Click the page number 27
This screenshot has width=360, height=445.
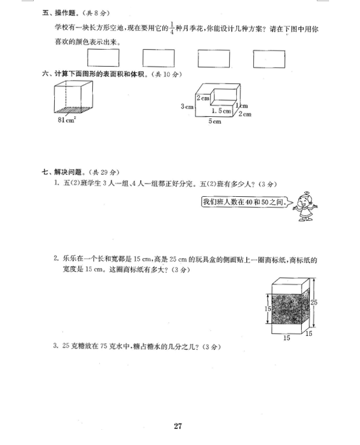[x=178, y=426]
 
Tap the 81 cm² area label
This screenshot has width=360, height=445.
[x=67, y=120]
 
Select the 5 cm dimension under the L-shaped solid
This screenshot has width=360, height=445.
[x=215, y=121]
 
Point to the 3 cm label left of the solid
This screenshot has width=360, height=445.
[x=187, y=106]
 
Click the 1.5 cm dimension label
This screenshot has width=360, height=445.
[x=221, y=111]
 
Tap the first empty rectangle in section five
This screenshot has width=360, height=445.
[x=103, y=58]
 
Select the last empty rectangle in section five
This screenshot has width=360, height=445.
[x=269, y=59]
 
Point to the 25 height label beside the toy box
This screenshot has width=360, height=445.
[x=314, y=303]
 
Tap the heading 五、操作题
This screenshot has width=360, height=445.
[x=59, y=13]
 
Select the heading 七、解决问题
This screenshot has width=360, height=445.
[x=62, y=172]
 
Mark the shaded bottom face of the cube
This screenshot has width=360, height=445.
[x=73, y=110]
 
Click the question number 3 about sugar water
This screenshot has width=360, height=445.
[x=56, y=346]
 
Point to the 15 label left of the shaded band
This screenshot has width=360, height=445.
[x=268, y=308]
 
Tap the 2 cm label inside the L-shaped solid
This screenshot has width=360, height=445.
[x=203, y=98]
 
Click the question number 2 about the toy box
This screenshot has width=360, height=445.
[x=56, y=258]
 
